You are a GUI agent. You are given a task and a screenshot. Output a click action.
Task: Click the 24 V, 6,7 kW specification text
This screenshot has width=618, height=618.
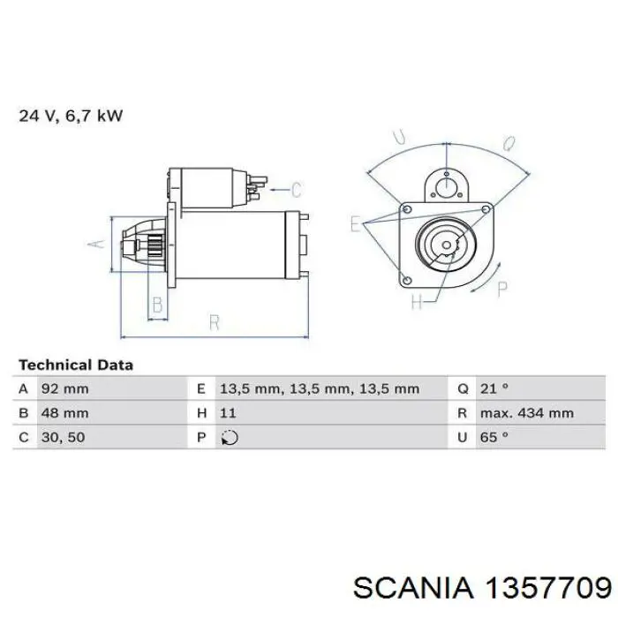[x=71, y=116]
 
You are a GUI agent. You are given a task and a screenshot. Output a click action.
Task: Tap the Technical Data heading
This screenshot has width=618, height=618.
[x=76, y=365]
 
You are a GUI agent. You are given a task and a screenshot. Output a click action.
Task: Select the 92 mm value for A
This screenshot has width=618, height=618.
[x=64, y=389]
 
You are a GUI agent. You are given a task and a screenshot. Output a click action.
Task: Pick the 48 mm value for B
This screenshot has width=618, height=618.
[x=64, y=413]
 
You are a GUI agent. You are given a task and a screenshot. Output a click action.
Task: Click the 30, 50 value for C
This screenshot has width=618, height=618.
[x=63, y=437]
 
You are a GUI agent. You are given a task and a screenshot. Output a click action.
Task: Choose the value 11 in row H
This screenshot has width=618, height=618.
[x=228, y=413]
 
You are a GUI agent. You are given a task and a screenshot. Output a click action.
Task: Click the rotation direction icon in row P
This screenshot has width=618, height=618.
[x=230, y=438]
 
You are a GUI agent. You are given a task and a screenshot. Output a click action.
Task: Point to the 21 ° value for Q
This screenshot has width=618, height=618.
[x=494, y=389]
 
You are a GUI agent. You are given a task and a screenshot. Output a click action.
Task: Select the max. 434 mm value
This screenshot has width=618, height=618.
[x=526, y=413]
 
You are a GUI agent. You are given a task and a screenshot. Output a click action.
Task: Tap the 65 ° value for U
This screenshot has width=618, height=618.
[x=494, y=437]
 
